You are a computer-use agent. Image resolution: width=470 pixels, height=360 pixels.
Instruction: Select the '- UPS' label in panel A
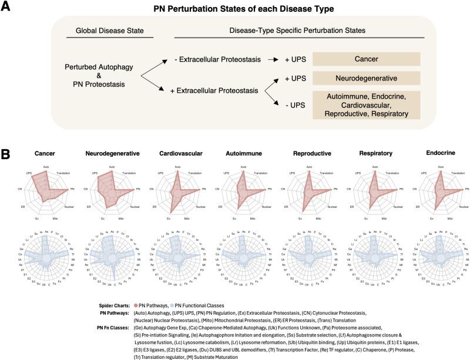coord(288,105)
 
